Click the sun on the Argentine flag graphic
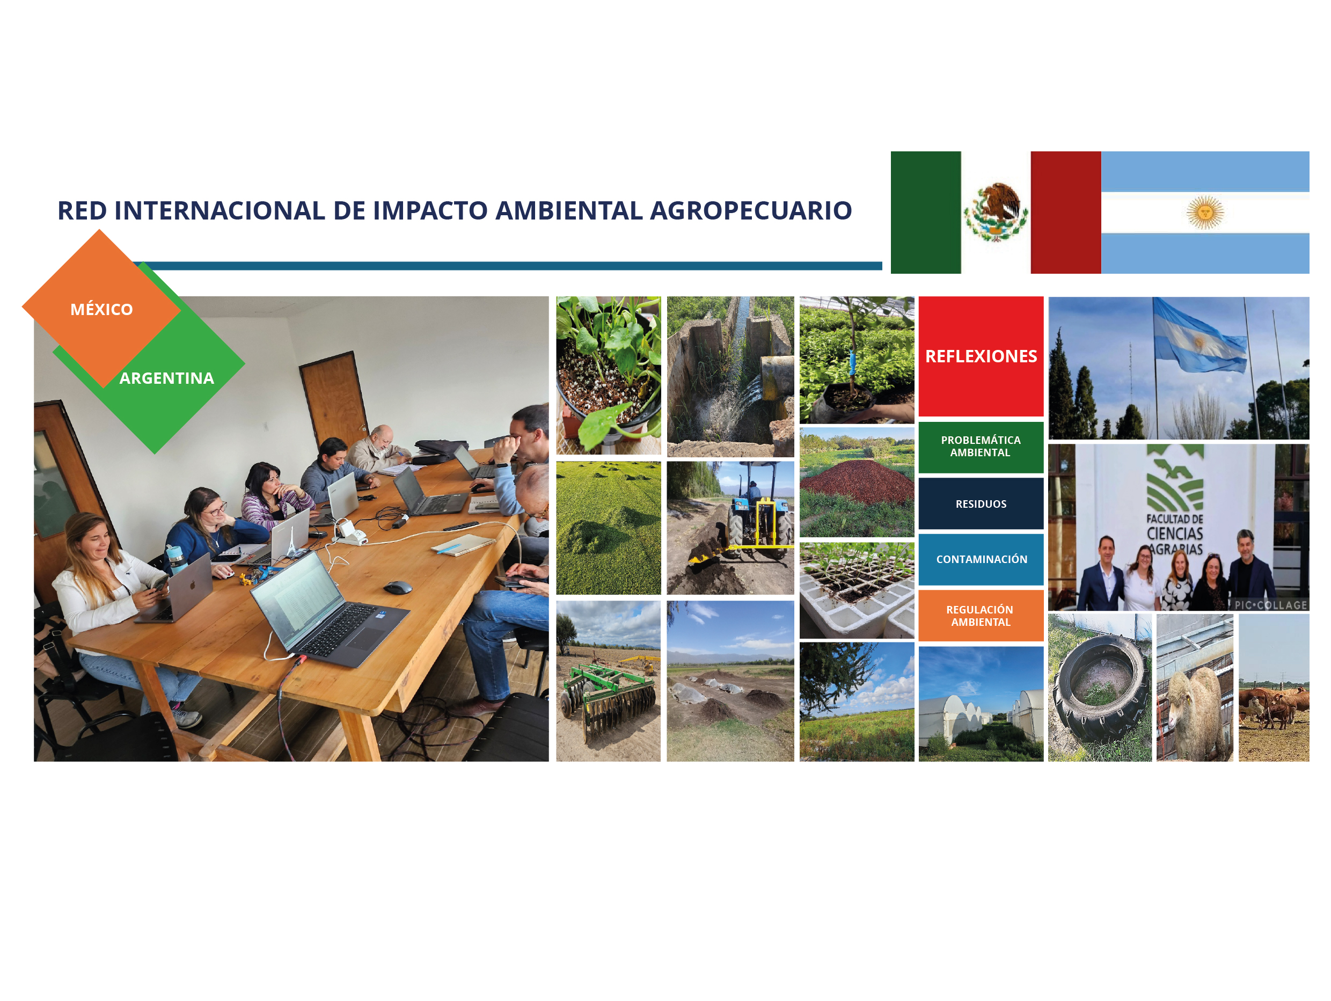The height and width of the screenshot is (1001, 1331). click(1205, 213)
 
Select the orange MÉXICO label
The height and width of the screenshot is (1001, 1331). click(101, 309)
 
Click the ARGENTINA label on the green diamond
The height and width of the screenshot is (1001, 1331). click(167, 378)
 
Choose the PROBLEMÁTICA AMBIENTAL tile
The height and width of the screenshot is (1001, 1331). click(981, 447)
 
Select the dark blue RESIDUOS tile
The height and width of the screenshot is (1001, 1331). click(981, 504)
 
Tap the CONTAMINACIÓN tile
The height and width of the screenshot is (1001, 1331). click(981, 559)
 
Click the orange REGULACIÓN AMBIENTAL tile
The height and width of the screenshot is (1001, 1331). click(981, 616)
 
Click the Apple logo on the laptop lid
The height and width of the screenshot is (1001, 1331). click(193, 584)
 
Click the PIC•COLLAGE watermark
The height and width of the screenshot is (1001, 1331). click(1271, 605)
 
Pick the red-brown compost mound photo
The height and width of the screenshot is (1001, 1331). click(857, 482)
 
